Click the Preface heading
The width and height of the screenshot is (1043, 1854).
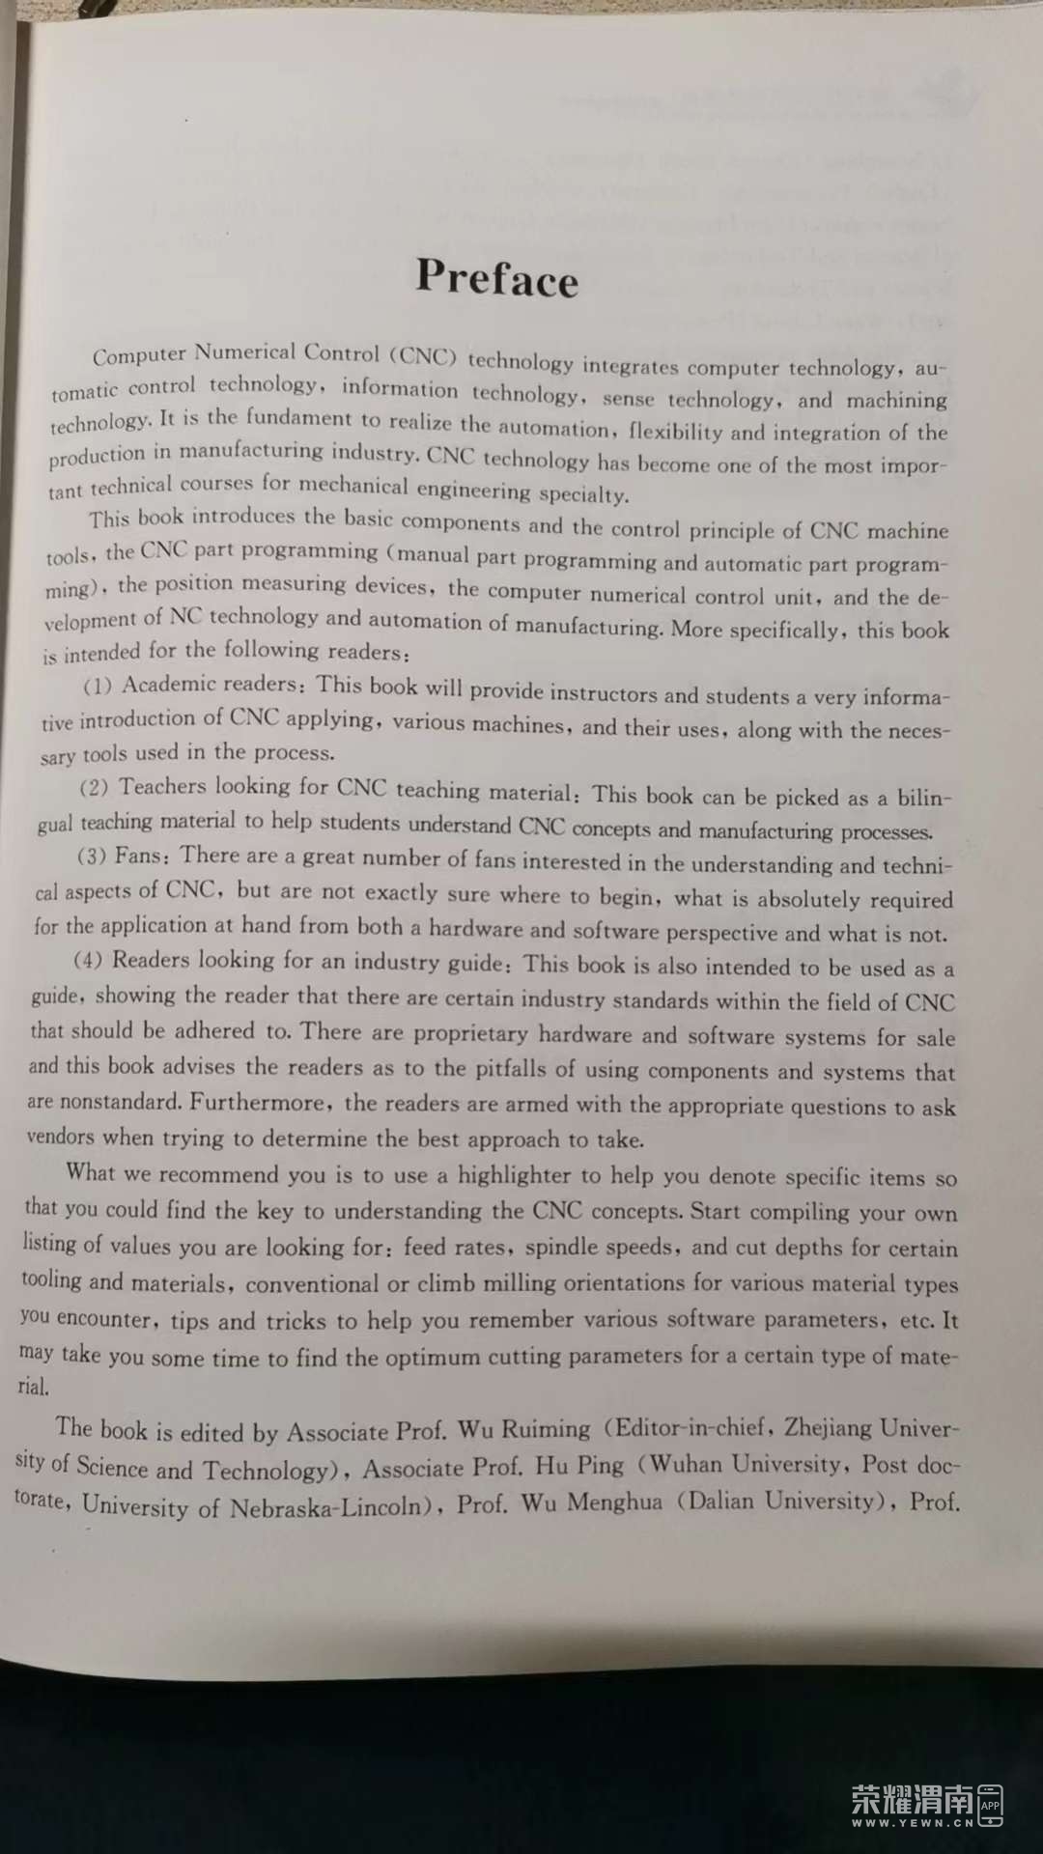[496, 277]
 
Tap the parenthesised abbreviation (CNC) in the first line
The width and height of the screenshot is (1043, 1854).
[423, 355]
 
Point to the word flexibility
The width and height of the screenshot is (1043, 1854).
[697, 431]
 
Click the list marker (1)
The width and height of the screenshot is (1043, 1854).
[98, 686]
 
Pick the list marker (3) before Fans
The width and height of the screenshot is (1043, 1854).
[92, 857]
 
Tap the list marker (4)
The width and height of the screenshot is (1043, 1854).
[88, 961]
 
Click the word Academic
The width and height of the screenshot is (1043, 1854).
[169, 685]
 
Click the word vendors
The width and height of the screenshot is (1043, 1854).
[60, 1137]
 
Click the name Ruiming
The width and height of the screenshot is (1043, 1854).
[546, 1429]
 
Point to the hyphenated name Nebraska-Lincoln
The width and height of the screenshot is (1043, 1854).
[329, 1507]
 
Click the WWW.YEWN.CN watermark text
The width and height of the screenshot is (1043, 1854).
[912, 1823]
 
